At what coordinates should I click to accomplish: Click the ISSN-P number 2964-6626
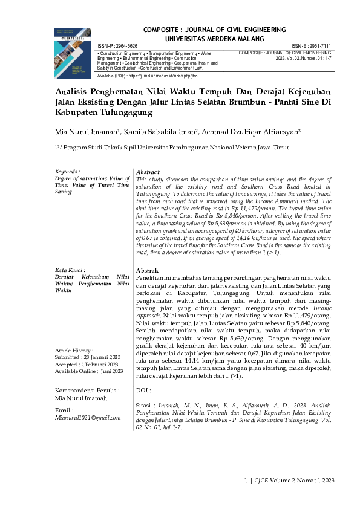[126, 46]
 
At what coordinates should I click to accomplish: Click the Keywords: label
[67, 172]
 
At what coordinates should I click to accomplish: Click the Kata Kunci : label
[70, 270]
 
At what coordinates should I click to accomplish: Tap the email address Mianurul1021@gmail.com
[88, 417]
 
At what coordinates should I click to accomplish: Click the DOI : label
[143, 391]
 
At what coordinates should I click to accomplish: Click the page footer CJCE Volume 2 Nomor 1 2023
[296, 481]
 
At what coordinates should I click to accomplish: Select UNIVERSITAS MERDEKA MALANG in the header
[214, 37]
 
